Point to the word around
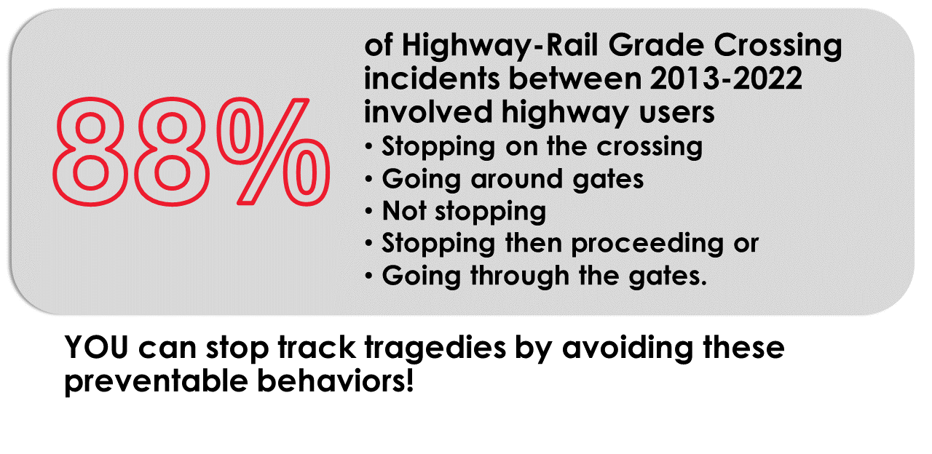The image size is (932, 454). click(495, 179)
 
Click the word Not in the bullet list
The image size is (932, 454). click(404, 211)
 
